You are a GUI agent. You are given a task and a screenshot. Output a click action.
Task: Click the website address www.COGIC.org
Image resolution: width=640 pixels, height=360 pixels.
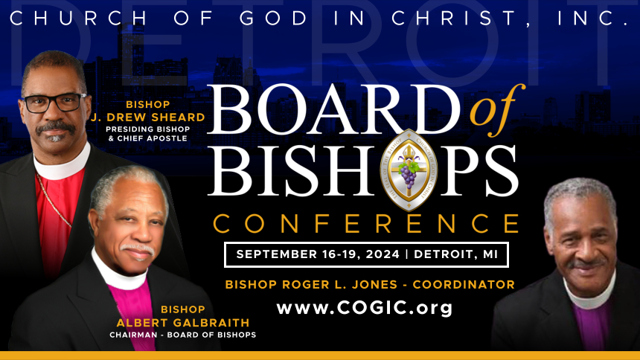pos(365,308)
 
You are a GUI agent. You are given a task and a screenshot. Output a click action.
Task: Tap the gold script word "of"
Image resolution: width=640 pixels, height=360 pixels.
pos(496,109)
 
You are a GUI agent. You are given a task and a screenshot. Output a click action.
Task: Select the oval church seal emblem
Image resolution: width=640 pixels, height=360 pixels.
pos(409,170)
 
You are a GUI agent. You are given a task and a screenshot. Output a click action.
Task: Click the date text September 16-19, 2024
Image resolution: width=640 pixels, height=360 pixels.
pos(318,254)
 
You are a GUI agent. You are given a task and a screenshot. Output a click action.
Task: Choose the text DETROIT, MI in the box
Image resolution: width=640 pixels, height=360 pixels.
pos(456,254)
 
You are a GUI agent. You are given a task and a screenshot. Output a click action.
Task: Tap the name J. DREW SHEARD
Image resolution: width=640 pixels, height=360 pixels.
pos(148,118)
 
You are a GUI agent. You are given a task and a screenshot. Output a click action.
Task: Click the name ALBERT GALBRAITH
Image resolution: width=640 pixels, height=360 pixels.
pos(183,323)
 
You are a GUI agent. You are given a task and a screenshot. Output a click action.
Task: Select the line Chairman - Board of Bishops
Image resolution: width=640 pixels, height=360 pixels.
pos(183,335)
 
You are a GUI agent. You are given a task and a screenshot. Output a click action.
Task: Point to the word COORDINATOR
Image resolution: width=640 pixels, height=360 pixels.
pos(464,284)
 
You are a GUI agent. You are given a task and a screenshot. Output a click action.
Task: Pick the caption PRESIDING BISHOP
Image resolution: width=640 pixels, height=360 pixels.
pos(148,129)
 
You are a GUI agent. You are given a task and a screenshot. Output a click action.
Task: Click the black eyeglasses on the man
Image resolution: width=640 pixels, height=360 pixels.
pos(54,103)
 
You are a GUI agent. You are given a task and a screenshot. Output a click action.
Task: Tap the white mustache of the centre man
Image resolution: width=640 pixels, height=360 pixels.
pos(138,248)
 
